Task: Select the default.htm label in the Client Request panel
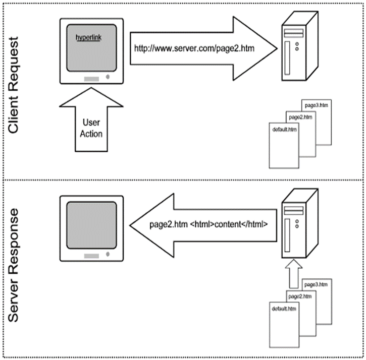284,130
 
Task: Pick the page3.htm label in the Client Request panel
316,105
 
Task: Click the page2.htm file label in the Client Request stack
300,117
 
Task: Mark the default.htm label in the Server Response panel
284,309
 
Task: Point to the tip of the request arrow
276,48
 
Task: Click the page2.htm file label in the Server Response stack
301,296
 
